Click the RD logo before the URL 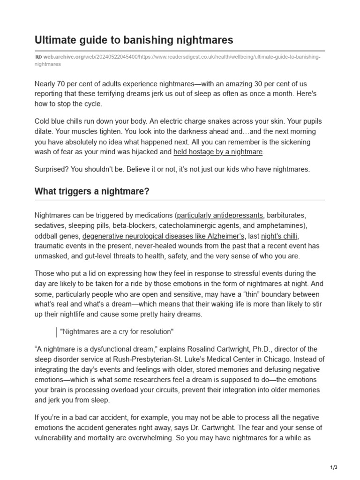tap(38, 57)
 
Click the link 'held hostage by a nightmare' tap(218, 151)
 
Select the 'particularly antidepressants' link tap(220, 216)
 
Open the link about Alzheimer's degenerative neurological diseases tap(164, 236)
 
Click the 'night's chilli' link tap(279, 236)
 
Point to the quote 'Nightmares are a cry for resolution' tap(117, 332)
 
